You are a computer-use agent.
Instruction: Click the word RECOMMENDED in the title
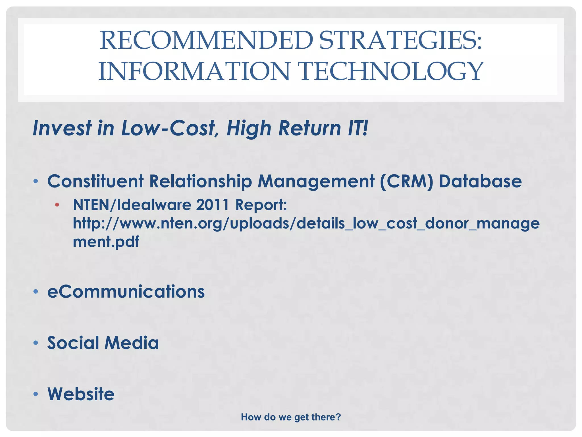pos(206,40)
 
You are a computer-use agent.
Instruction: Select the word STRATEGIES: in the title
pos(400,40)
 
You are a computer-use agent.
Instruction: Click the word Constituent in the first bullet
pos(95,181)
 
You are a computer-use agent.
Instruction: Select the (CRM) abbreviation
pos(406,181)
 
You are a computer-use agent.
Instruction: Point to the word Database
pos(480,181)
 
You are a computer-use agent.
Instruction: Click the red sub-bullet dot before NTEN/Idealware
pos(57,205)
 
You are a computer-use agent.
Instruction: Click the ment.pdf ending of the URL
pos(106,242)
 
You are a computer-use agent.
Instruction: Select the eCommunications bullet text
pos(126,292)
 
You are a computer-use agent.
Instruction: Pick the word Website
pos(81,394)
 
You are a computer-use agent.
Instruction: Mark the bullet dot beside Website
pos(36,394)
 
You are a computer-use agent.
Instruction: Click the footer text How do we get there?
pos(291,417)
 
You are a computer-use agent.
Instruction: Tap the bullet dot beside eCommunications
pos(36,292)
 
